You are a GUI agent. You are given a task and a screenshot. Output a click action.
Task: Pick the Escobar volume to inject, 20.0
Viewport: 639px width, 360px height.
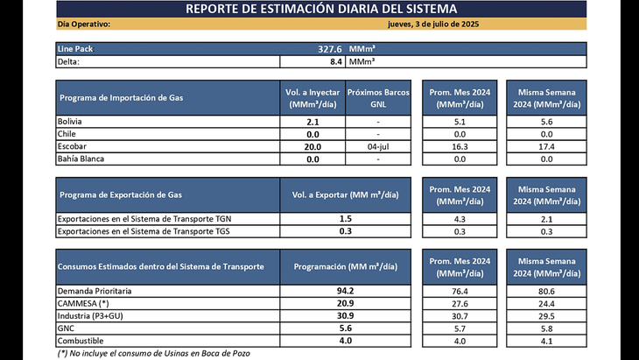point(312,146)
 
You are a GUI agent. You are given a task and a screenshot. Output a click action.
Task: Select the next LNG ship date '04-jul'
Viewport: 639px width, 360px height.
point(377,146)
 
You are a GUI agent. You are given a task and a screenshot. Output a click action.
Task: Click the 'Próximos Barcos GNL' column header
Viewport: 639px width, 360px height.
point(377,97)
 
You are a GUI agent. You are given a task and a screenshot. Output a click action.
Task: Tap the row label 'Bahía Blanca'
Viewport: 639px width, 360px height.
point(81,159)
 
